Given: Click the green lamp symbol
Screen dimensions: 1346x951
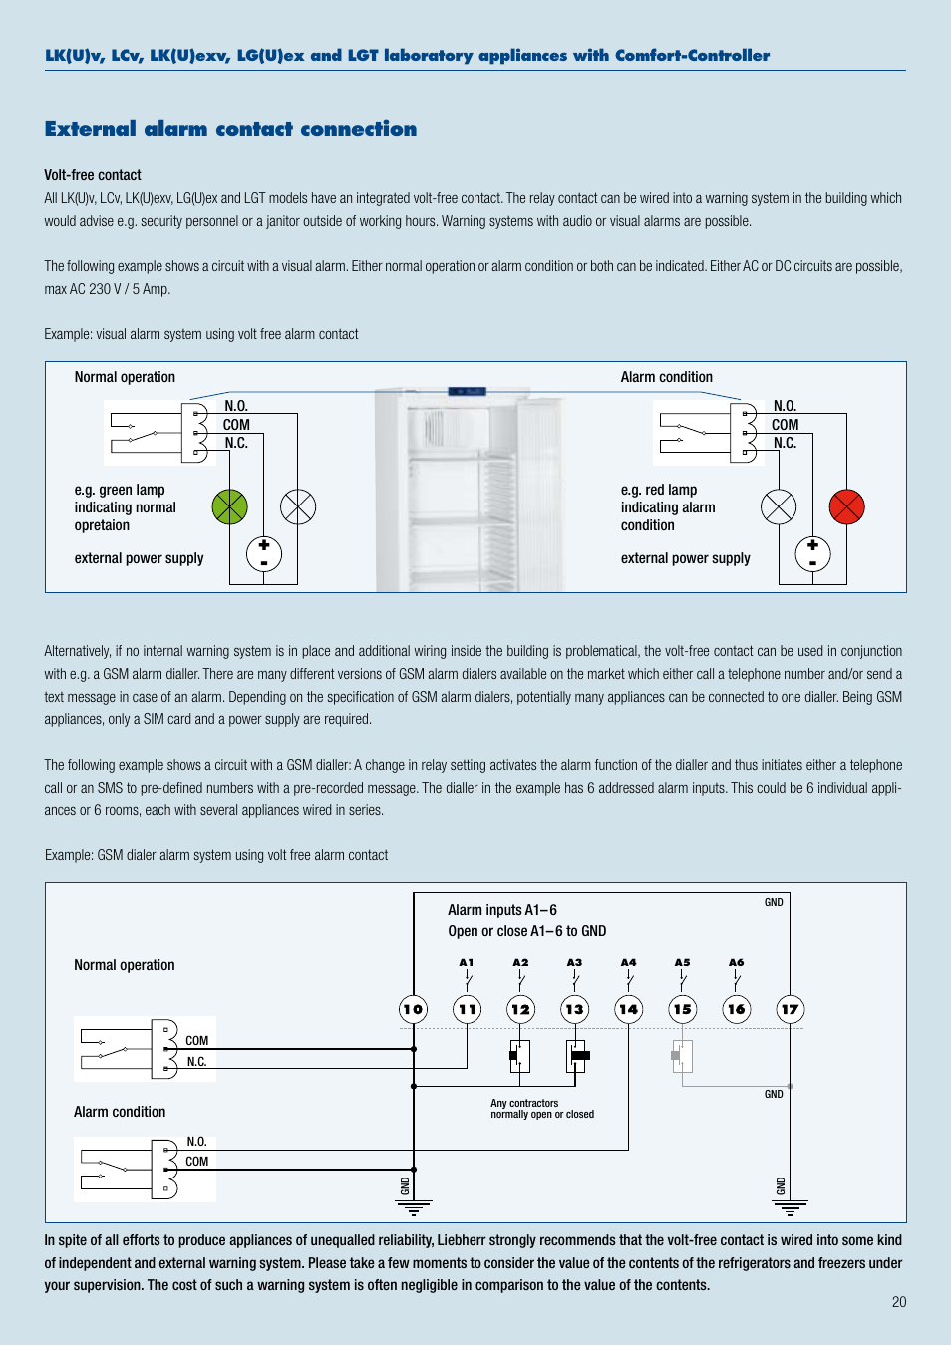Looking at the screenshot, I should pos(229,507).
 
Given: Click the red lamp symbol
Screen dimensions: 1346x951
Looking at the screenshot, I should pos(846,507).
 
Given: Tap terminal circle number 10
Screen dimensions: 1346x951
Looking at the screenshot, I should pos(413,1009).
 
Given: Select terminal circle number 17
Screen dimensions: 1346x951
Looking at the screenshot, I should pos(790,1009).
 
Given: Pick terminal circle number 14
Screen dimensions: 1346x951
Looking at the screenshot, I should pos(628,1009).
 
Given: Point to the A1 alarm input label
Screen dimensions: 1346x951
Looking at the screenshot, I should pos(467,963).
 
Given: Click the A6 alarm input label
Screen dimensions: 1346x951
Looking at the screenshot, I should pos(736,963).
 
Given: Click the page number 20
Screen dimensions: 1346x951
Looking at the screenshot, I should pos(899,1302).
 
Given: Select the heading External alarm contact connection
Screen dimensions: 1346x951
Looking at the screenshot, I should pos(230,129).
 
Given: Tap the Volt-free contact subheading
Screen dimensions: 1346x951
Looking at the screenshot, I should pos(93,175).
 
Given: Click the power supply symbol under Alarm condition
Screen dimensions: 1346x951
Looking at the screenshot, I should pos(812,554).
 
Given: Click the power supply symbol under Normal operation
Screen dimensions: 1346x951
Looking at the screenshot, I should pos(264,554).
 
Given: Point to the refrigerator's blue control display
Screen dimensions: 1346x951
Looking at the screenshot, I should pos(467,392).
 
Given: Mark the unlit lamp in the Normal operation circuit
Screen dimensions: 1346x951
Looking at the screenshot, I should pos(298,507).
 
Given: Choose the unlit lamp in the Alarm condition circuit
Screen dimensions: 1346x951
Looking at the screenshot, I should pos(779,507).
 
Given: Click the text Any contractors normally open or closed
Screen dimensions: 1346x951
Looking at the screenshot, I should pos(541,1109).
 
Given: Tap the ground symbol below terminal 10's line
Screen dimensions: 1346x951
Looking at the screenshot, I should pos(413,1207).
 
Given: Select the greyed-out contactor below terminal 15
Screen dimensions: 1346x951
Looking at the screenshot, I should pos(682,1055).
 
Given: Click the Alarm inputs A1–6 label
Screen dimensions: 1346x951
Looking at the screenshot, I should pos(502,910).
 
